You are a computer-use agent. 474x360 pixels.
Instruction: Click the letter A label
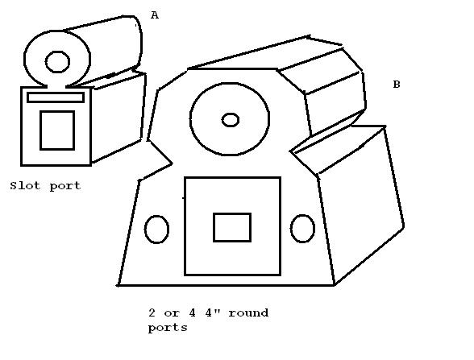tap(155, 14)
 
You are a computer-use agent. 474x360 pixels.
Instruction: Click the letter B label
tap(397, 85)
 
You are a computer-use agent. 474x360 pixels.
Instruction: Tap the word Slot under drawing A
tap(25, 185)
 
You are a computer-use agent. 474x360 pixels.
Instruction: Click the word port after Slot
tap(65, 186)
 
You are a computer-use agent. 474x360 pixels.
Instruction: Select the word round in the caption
tap(248, 312)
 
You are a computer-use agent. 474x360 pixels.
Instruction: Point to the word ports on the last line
tap(168, 328)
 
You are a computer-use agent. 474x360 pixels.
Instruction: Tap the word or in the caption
tap(172, 313)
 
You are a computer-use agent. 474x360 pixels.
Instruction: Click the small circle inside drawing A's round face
tap(57, 62)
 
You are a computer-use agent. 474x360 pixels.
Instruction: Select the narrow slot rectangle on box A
tap(56, 97)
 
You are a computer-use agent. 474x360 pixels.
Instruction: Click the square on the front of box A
tap(57, 130)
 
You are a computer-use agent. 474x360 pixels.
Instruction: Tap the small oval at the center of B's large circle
tap(231, 120)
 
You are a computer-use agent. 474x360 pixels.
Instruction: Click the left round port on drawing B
tap(156, 230)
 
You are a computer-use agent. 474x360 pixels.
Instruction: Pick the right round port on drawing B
tap(302, 229)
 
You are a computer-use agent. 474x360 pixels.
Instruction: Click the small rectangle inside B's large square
tap(232, 227)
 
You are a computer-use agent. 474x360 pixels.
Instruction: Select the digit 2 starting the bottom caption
tap(152, 312)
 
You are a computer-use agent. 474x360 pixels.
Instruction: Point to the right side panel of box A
tap(118, 118)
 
